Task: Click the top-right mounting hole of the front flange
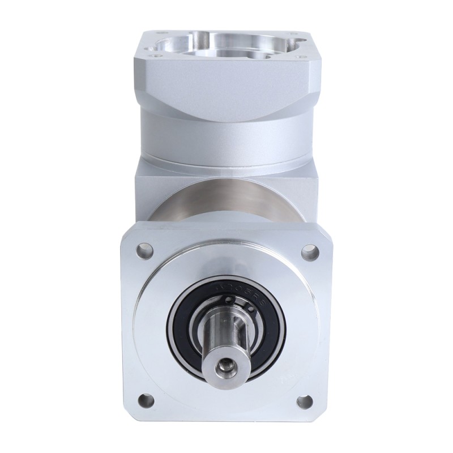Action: [309, 249]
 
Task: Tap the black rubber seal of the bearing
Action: [180, 340]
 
